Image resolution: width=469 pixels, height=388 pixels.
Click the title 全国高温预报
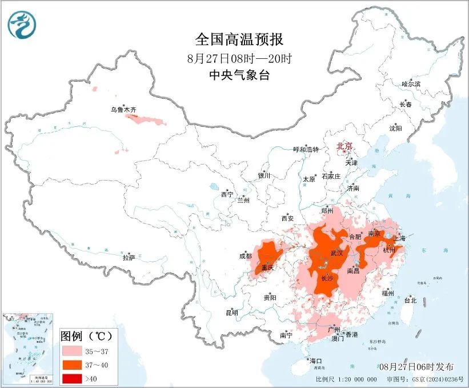coord(239,39)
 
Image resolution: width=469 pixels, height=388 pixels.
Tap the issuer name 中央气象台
coord(239,75)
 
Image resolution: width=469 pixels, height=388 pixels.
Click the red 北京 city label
coord(345,146)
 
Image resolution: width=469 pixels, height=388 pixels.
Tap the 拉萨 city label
coord(129,258)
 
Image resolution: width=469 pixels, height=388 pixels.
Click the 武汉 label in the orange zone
coord(337,253)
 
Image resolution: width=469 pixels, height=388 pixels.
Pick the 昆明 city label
coord(231,313)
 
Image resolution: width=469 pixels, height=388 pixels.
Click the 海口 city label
coord(316,361)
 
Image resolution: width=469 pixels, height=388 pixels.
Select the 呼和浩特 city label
coord(306,150)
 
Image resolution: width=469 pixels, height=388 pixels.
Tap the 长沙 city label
coord(327,279)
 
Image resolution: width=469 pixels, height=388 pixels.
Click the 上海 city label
coord(399,238)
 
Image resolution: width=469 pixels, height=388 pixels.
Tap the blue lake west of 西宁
coord(214,186)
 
